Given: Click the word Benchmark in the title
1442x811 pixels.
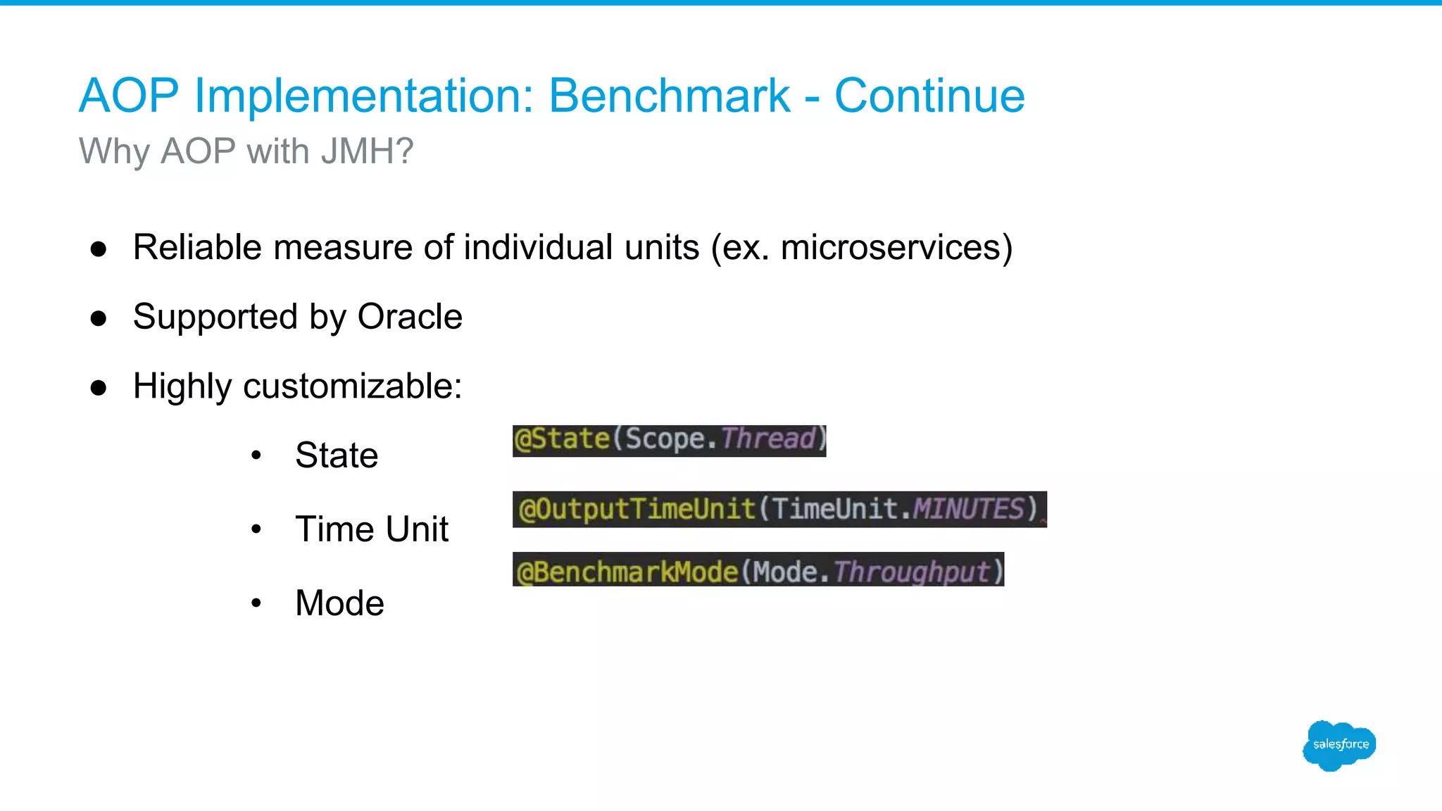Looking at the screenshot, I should tap(669, 96).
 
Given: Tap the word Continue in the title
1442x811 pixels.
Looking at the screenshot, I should tap(929, 96).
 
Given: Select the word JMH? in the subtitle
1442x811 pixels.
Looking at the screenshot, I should tap(367, 151).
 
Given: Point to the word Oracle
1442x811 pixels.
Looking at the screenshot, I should tap(410, 317).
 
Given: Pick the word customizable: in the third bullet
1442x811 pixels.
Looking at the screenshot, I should tap(352, 386).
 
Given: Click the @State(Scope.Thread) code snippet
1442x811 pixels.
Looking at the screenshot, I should tap(669, 440).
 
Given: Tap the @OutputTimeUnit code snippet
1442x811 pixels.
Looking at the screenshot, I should tap(779, 509).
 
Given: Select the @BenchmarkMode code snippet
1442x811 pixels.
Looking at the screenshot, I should tap(758, 570).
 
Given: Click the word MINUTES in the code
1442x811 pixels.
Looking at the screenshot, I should tap(968, 509).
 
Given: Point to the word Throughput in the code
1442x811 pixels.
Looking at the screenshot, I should tap(912, 571).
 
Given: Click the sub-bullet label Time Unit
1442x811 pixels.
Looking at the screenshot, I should tap(372, 529).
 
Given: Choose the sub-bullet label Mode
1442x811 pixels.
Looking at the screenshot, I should tap(339, 603).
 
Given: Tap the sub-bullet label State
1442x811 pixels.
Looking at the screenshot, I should tap(337, 455).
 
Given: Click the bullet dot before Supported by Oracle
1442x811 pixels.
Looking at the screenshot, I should tap(99, 318).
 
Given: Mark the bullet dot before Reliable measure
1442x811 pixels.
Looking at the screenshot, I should tap(99, 249).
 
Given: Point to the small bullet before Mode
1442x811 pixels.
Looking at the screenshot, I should tap(256, 603).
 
